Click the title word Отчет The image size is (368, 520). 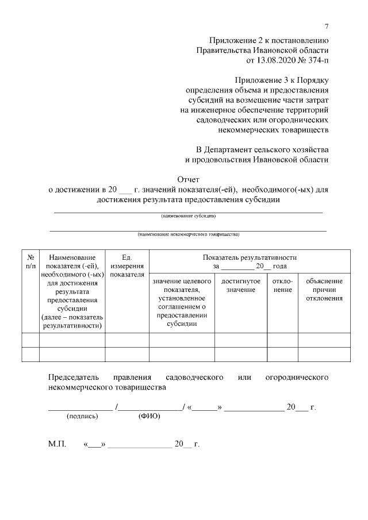pyautogui.click(x=188, y=179)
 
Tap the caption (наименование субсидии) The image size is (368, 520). pyautogui.click(x=188, y=217)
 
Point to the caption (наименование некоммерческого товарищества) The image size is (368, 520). pyautogui.click(x=188, y=234)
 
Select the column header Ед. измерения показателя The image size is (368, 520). pyautogui.click(x=127, y=266)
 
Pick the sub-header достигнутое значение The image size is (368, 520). pyautogui.click(x=240, y=286)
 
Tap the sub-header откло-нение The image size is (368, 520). pyautogui.click(x=282, y=286)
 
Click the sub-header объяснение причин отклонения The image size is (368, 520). pyautogui.click(x=324, y=290)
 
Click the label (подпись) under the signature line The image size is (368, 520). pyautogui.click(x=83, y=416)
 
